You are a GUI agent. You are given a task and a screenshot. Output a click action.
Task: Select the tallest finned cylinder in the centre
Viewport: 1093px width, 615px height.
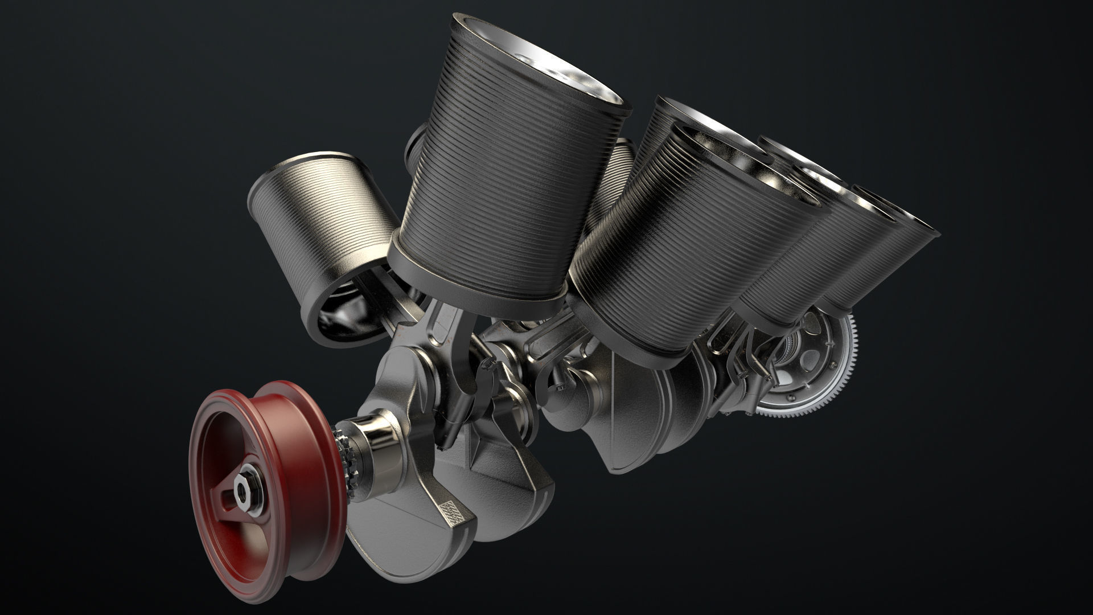[501, 171]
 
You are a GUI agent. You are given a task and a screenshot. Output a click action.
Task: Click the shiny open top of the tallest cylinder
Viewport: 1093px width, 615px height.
[546, 63]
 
